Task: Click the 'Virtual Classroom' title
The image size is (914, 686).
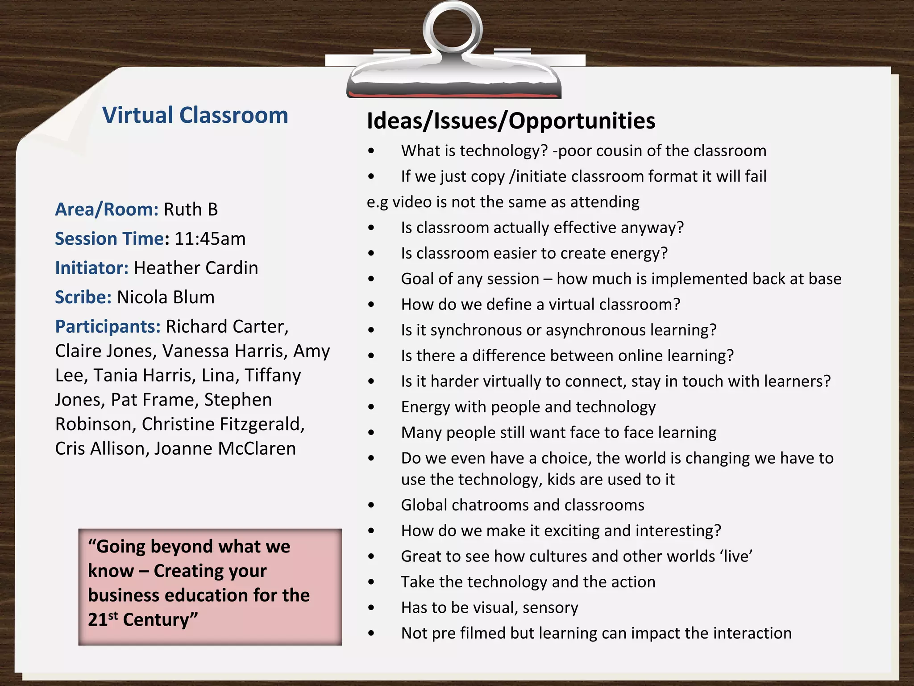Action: pyautogui.click(x=195, y=115)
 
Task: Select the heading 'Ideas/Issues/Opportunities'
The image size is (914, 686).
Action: pyautogui.click(x=511, y=121)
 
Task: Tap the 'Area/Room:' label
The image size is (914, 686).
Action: pyautogui.click(x=107, y=209)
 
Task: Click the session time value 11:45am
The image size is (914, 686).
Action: pyautogui.click(x=210, y=239)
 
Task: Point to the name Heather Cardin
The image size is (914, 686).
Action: pyautogui.click(x=196, y=268)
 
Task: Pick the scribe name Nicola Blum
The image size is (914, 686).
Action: pyautogui.click(x=166, y=297)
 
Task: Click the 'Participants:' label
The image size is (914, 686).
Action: pyautogui.click(x=108, y=326)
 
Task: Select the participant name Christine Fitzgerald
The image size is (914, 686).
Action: pyautogui.click(x=223, y=424)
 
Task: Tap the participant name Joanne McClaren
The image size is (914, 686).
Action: pyautogui.click(x=225, y=448)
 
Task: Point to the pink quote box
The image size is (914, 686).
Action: pyautogui.click(x=210, y=587)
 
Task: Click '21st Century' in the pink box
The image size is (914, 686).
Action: pyautogui.click(x=143, y=620)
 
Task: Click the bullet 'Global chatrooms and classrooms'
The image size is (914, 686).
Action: pyautogui.click(x=522, y=505)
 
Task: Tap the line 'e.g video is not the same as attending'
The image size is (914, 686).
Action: pyautogui.click(x=503, y=202)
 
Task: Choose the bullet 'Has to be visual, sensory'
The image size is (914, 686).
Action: pyautogui.click(x=489, y=608)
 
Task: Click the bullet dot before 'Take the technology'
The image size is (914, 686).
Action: pyautogui.click(x=371, y=582)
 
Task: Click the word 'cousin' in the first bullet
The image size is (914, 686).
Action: pyautogui.click(x=616, y=151)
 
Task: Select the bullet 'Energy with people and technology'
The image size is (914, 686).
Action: pyautogui.click(x=528, y=407)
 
